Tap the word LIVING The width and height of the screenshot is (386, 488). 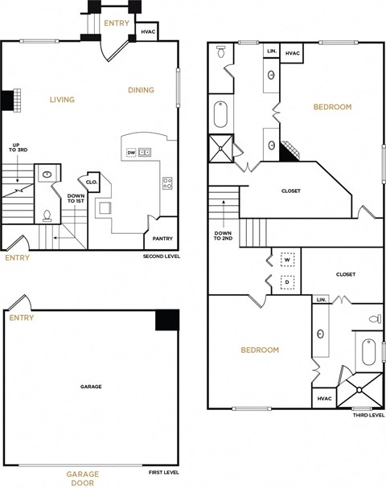[x=62, y=100]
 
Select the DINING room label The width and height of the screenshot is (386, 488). [x=141, y=90]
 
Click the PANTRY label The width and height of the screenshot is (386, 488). [x=162, y=238]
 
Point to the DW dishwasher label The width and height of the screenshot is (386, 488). [x=131, y=152]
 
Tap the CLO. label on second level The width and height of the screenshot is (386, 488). [x=91, y=182]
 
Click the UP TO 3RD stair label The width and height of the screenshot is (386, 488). [x=14, y=150]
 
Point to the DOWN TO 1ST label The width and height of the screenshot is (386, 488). [x=76, y=199]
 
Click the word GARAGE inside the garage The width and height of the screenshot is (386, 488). [x=91, y=387]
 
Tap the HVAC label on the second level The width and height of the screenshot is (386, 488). [x=148, y=32]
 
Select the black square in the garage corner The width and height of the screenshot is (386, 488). [x=166, y=319]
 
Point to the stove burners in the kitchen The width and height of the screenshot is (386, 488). [x=167, y=182]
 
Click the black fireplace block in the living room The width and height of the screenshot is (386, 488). [x=7, y=100]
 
